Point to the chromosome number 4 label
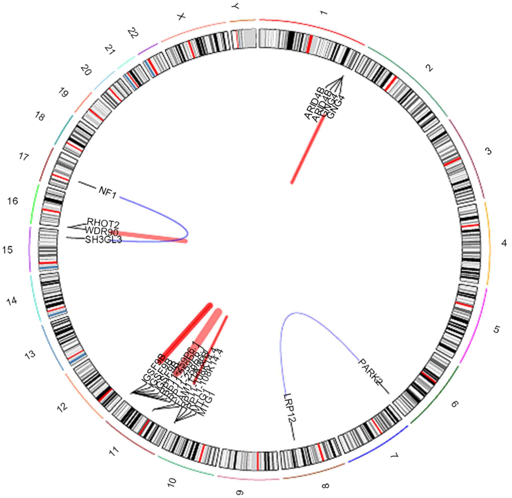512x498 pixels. pos(504,243)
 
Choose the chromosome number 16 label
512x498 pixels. pos(12,201)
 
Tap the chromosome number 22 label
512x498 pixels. pos(133,33)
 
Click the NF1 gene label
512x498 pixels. pos(107,193)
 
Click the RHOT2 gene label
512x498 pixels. pos(103,223)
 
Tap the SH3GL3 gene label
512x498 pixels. pos(104,240)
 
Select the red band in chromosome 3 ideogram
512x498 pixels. pos(452,161)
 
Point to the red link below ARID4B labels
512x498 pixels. pos(308,150)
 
